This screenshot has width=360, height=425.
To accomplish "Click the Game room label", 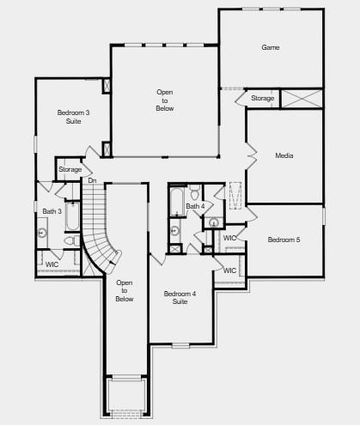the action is pyautogui.click(x=271, y=47).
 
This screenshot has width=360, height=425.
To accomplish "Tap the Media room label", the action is pyautogui.click(x=284, y=155).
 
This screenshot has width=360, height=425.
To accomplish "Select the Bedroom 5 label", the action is pyautogui.click(x=284, y=240).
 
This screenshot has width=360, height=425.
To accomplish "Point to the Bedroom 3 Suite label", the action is pyautogui.click(x=73, y=117).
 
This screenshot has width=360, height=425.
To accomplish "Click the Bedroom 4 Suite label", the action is pyautogui.click(x=180, y=298).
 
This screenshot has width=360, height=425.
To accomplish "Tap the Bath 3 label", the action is pyautogui.click(x=52, y=211).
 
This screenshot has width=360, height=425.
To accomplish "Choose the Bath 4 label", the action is pyautogui.click(x=195, y=206).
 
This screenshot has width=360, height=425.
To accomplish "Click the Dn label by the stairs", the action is pyautogui.click(x=92, y=180).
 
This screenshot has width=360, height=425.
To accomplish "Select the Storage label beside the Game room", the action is pyautogui.click(x=263, y=98).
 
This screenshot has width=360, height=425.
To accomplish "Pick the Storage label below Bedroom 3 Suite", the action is pyautogui.click(x=70, y=169).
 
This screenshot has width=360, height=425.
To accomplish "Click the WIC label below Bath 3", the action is pyautogui.click(x=52, y=264).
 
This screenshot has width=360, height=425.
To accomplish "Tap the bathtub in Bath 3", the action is pyautogui.click(x=72, y=216).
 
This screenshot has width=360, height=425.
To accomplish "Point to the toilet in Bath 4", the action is pyautogui.click(x=195, y=192).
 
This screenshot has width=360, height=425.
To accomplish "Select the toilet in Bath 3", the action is pyautogui.click(x=72, y=240).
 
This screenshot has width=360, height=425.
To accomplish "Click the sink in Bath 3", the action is pyautogui.click(x=42, y=233).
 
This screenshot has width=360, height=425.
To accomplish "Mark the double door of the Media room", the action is pyautogui.click(x=252, y=156).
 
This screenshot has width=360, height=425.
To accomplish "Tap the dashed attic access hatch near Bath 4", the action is pyautogui.click(x=235, y=196).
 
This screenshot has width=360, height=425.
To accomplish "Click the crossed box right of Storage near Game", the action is pyautogui.click(x=302, y=99).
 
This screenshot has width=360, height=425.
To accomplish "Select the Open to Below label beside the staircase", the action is pyautogui.click(x=125, y=291).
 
